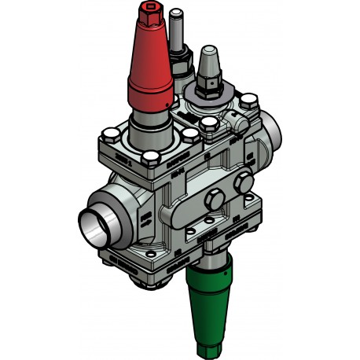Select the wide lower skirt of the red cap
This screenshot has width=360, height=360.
pos(151,94)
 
